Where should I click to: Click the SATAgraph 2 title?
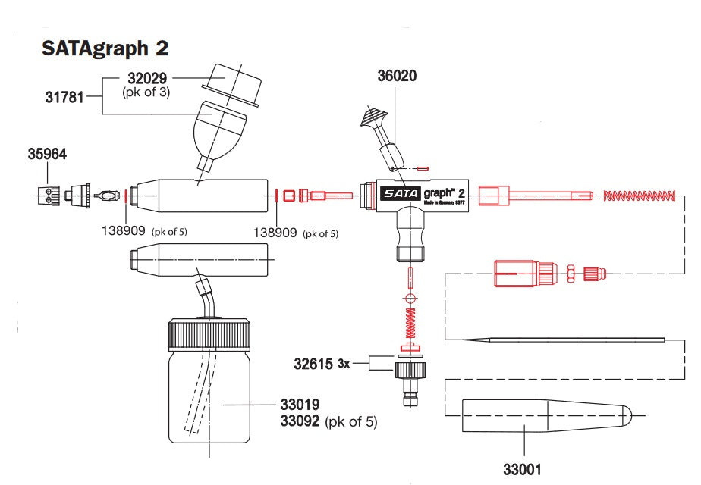105,48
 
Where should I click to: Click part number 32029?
146,78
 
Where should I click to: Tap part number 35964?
48,154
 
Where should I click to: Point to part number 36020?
397,76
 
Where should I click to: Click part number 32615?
313,364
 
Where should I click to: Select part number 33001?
523,470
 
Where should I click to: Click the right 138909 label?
275,233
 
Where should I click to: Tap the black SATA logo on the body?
396,193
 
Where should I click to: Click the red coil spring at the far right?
639,196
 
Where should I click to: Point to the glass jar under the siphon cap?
209,402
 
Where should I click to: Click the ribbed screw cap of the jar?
209,334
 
